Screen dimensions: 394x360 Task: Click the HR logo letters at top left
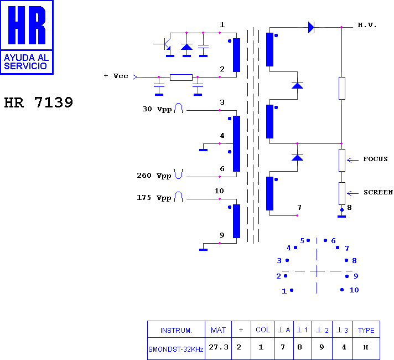coord(27,25)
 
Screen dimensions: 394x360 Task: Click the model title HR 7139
coord(38,102)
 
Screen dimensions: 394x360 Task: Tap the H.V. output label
coord(367,25)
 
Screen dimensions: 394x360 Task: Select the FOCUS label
coord(375,159)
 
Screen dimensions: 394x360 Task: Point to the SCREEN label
coord(378,192)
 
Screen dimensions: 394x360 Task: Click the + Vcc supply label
coord(116,76)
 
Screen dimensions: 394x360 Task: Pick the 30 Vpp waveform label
coord(157,109)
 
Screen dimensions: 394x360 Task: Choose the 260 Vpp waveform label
coord(154,176)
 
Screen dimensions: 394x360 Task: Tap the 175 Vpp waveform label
coord(154,198)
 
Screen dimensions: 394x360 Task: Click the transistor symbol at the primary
coord(167,44)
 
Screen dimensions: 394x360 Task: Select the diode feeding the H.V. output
coord(311,27)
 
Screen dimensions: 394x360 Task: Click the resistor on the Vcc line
coord(181,77)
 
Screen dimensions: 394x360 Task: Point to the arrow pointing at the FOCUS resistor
coord(353,160)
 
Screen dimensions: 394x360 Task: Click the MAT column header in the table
coord(218,330)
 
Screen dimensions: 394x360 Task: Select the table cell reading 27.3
coord(219,347)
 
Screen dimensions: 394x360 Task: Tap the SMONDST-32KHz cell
coord(175,349)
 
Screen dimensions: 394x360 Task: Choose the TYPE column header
coord(366,330)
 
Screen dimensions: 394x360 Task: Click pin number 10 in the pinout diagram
coord(354,290)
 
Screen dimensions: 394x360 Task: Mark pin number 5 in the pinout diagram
coord(302,241)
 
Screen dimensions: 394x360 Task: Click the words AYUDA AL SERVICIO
coord(26,62)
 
